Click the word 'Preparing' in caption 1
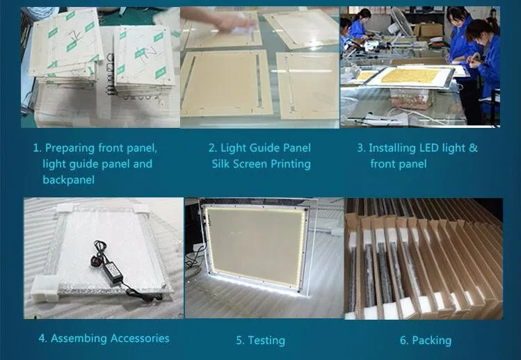pyautogui.click(x=70, y=149)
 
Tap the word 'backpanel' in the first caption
pyautogui.click(x=68, y=180)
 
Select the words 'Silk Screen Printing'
pyautogui.click(x=261, y=164)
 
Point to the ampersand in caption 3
pyautogui.click(x=473, y=148)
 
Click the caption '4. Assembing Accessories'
pyautogui.click(x=104, y=338)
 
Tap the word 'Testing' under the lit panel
pyautogui.click(x=266, y=341)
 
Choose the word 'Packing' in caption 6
pyautogui.click(x=432, y=341)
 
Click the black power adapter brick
pyautogui.click(x=112, y=271)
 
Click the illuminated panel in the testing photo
pyautogui.click(x=256, y=247)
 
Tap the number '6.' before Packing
pyautogui.click(x=404, y=340)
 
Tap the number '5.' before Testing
pyautogui.click(x=240, y=340)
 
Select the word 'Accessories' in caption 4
pyautogui.click(x=140, y=338)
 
